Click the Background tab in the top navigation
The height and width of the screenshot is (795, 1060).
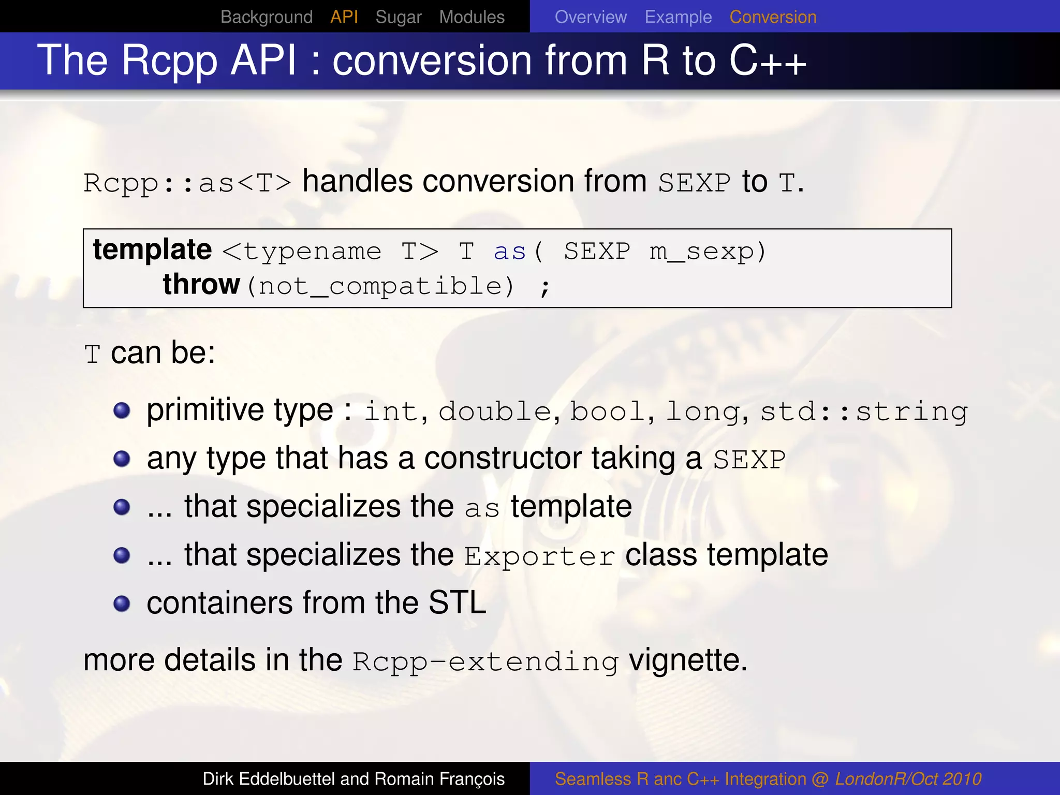[266, 17]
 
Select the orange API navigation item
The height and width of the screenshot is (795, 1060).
[344, 17]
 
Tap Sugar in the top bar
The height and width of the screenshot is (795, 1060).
[398, 17]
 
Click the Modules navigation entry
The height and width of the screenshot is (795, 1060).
[472, 17]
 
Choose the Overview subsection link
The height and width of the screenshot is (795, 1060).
[591, 17]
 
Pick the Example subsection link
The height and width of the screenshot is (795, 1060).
[678, 17]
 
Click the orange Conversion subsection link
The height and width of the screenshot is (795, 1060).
[773, 17]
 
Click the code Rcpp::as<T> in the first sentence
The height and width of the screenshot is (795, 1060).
[187, 183]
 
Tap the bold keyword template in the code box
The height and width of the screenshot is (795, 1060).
[152, 250]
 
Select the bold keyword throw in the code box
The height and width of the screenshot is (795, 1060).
[201, 285]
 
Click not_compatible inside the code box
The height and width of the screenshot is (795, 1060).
[380, 286]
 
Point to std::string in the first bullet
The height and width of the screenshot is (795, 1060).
[863, 412]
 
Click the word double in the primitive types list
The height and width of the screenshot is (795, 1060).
[495, 412]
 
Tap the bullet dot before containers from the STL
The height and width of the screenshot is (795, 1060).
[122, 603]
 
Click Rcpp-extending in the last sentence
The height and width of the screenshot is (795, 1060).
[485, 662]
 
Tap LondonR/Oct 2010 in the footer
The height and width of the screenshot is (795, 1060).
[908, 779]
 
